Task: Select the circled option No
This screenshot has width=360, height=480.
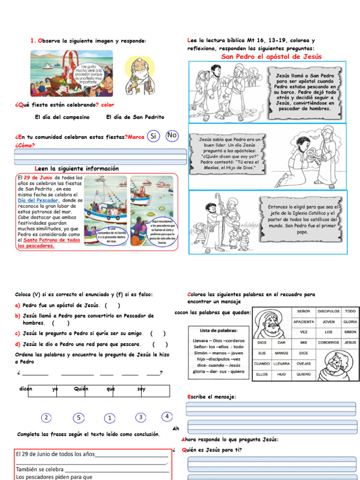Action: (x=172, y=135)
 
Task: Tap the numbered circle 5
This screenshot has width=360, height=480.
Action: (x=79, y=418)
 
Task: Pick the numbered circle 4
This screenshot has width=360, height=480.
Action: (x=167, y=416)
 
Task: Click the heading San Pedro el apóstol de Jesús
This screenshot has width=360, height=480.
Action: (x=271, y=57)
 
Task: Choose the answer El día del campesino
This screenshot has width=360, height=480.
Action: (x=62, y=117)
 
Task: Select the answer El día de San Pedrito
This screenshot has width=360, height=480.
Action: (x=135, y=117)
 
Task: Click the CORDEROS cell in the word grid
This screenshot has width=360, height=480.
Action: (x=328, y=343)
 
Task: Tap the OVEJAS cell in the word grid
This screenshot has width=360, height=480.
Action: (x=304, y=364)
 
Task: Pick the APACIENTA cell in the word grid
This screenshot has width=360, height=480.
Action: (x=304, y=322)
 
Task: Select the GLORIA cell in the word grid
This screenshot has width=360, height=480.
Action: (x=350, y=322)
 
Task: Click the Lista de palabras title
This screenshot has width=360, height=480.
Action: (x=218, y=330)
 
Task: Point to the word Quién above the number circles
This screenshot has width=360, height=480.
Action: (x=81, y=389)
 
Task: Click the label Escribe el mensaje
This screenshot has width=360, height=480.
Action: (x=211, y=397)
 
